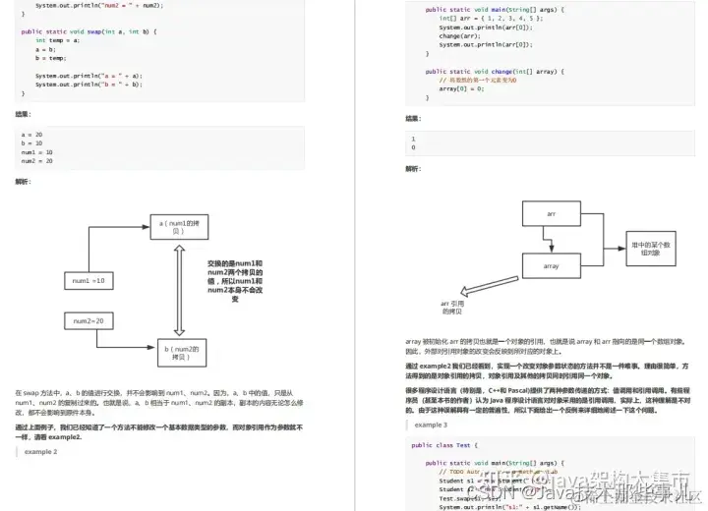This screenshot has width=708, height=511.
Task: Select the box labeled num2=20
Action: (x=89, y=321)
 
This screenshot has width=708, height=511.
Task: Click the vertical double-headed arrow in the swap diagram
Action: (x=179, y=289)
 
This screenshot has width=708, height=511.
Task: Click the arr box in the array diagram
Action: (x=552, y=212)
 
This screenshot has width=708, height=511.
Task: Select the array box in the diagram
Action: (x=552, y=264)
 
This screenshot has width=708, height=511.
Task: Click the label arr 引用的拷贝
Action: (x=452, y=309)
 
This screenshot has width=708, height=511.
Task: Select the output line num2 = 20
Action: (x=37, y=160)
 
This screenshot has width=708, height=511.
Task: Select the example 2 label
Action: (x=41, y=451)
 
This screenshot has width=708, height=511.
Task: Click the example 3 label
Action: (x=431, y=425)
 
